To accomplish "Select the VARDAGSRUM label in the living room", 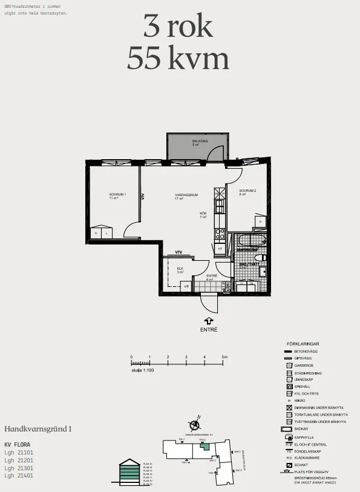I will [183, 194].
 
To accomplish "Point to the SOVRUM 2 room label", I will [247, 191].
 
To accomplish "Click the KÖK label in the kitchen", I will [203, 213].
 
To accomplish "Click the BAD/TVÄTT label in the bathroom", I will [248, 264].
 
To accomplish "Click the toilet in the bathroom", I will [263, 271].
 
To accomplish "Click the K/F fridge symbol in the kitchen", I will [220, 248].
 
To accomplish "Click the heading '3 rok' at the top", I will [178, 27].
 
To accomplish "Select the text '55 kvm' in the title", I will [178, 59].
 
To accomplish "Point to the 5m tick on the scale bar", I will [223, 358].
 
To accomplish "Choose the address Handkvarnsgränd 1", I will [38, 428].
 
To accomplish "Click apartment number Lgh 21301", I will [19, 468].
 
